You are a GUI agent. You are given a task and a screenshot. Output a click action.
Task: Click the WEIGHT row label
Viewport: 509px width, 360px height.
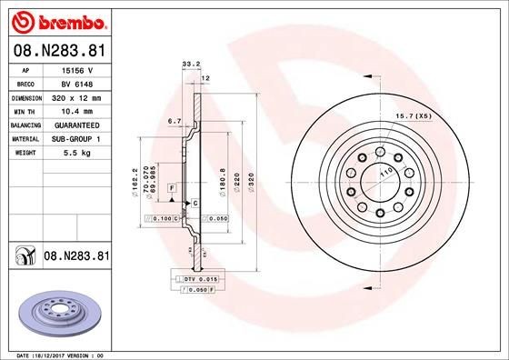pos(25,153)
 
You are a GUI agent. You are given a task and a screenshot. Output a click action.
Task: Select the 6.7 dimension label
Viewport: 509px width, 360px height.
pos(175,120)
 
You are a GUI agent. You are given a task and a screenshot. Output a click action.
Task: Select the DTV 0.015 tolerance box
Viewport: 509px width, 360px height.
pos(195,277)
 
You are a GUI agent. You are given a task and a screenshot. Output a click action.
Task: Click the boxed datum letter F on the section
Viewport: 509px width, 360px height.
pos(170,187)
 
